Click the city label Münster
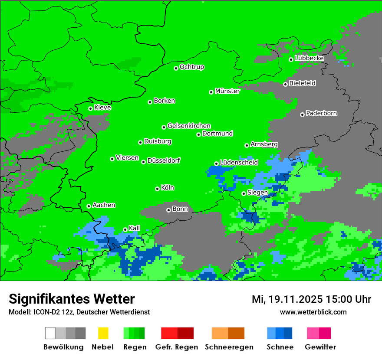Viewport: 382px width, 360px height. pyautogui.click(x=227, y=91)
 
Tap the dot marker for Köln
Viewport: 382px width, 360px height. pyautogui.click(x=157, y=189)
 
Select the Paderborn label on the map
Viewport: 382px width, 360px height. pyautogui.click(x=321, y=114)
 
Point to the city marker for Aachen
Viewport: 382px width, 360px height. pyautogui.click(x=89, y=206)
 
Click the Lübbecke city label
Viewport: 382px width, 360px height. pyautogui.click(x=309, y=58)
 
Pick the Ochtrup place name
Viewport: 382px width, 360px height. pyautogui.click(x=191, y=67)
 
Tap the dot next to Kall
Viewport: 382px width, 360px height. pyautogui.click(x=125, y=229)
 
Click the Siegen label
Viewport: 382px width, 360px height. pyautogui.click(x=257, y=193)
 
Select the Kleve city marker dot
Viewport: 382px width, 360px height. pyautogui.click(x=90, y=108)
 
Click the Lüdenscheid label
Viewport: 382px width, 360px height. pyautogui.click(x=239, y=163)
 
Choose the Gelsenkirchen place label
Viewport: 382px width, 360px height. pyautogui.click(x=189, y=126)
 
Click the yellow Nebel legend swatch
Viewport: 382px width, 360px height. pyautogui.click(x=103, y=333)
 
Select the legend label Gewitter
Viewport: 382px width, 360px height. pyautogui.click(x=320, y=347)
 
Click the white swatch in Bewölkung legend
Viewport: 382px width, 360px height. pyautogui.click(x=50, y=333)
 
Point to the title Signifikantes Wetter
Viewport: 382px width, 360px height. pyautogui.click(x=72, y=299)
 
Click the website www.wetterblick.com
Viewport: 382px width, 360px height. pyautogui.click(x=313, y=312)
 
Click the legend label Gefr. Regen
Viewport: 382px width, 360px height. pyautogui.click(x=177, y=347)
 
